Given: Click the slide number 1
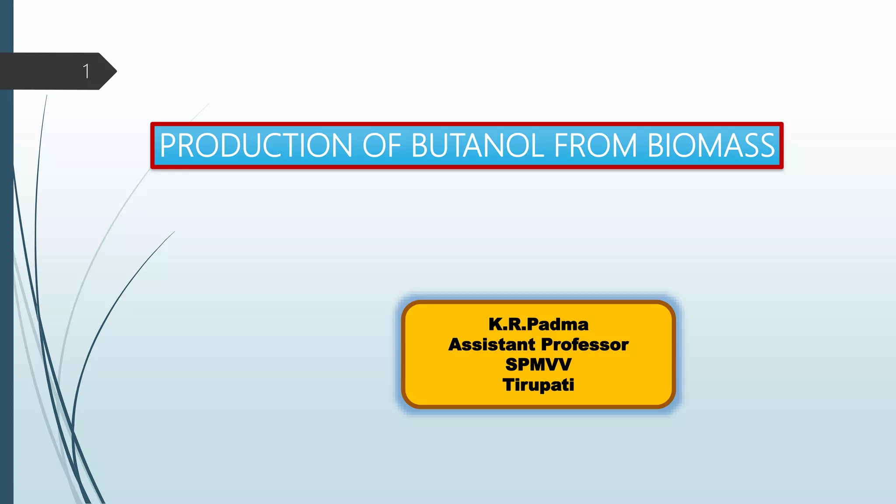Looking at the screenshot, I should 86,71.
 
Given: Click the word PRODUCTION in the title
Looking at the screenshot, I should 256,146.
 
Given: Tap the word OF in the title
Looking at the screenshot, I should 381,146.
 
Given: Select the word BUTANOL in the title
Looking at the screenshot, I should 477,146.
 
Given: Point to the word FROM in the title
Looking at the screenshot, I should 595,146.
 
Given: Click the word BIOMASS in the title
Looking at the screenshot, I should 711,146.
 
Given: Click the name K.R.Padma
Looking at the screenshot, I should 538,325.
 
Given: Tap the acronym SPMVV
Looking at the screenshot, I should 538,364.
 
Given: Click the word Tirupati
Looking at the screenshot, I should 538,385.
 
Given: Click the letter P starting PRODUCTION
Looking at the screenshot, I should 168,146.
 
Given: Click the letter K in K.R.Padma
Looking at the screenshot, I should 497,325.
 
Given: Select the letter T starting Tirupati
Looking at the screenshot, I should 509,385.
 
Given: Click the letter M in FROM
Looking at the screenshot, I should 623,146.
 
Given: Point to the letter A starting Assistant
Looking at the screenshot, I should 456,345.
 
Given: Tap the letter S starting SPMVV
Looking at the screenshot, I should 512,364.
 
